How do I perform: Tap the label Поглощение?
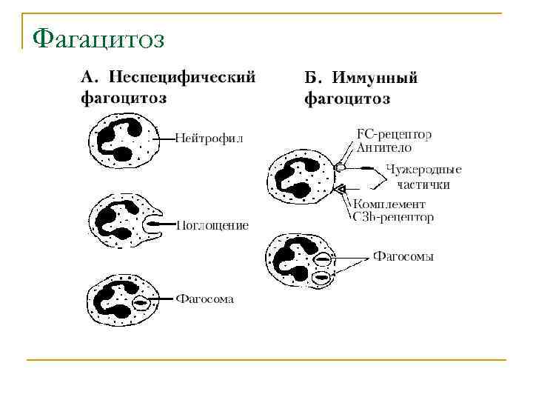point(212,224)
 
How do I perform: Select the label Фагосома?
point(204,299)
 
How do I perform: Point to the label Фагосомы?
point(403,257)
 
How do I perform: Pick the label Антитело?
point(384,148)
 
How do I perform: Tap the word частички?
point(422,183)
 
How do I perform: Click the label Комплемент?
point(389,204)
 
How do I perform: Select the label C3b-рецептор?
point(394,217)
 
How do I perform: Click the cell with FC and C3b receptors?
point(301,179)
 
